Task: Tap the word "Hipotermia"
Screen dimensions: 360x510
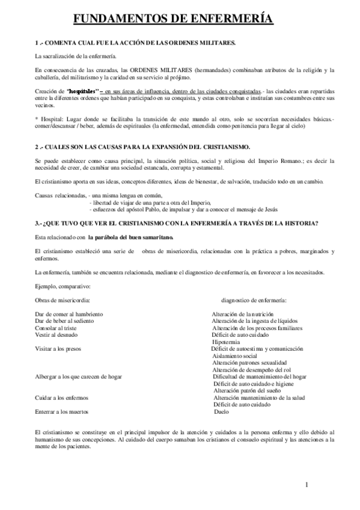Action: (227, 342)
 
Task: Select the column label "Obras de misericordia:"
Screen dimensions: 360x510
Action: (64, 300)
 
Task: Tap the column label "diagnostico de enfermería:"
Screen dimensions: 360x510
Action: (254, 300)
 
